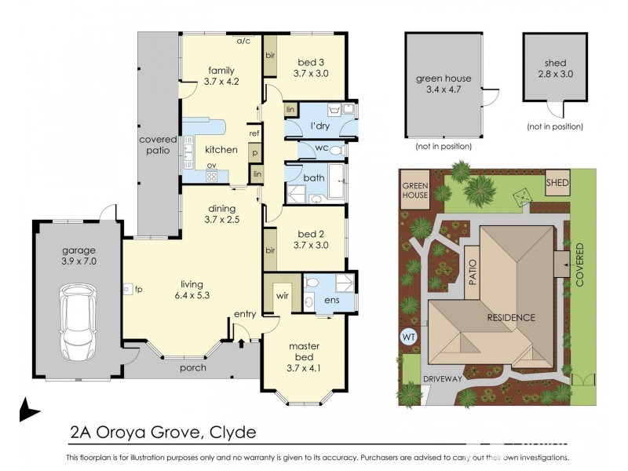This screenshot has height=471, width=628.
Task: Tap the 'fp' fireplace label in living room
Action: point(138,290)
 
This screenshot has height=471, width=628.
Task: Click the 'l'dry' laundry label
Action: point(319,126)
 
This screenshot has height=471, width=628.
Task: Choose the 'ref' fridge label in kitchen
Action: point(254,133)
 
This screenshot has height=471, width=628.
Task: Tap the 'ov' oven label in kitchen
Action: point(211,165)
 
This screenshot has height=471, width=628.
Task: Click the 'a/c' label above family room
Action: point(243,41)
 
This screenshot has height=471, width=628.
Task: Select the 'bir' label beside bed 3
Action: point(269,57)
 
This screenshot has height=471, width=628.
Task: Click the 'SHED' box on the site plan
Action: point(557,184)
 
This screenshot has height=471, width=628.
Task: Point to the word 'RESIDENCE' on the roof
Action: point(510,318)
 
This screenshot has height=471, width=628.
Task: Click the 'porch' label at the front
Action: point(193,367)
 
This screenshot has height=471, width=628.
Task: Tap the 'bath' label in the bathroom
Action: point(314,178)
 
